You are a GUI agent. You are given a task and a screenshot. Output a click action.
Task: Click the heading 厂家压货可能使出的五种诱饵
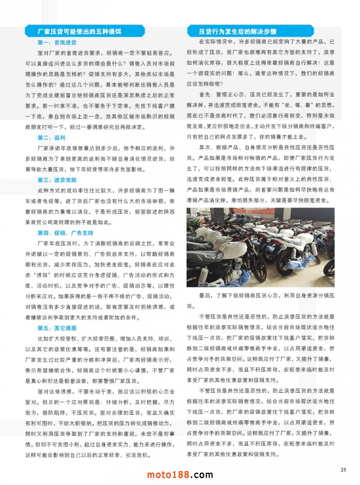(80, 32)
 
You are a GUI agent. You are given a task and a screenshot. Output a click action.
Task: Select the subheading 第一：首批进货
(57, 43)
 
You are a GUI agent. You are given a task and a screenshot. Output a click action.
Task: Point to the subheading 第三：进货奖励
(57, 180)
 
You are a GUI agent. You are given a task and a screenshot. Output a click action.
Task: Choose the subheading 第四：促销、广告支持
(66, 233)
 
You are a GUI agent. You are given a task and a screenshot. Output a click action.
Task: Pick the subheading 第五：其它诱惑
(57, 328)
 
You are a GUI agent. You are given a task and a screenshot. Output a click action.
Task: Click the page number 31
(343, 470)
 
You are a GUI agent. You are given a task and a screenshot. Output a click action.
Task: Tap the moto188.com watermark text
(180, 474)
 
